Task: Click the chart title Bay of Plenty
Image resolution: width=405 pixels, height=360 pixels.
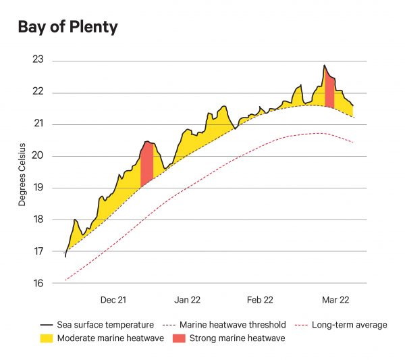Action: tap(67, 28)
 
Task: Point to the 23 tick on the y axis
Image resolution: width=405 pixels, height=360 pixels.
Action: tap(38, 60)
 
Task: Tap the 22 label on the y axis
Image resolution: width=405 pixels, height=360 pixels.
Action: tap(38, 93)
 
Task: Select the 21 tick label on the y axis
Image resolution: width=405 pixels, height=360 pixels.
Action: tap(38, 124)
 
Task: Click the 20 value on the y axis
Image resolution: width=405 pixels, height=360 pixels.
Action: tap(38, 156)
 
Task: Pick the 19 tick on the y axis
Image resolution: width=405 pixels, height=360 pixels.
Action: tap(38, 188)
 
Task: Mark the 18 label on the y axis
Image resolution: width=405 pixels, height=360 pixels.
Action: tap(38, 220)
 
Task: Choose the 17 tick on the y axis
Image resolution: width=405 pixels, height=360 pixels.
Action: tap(38, 251)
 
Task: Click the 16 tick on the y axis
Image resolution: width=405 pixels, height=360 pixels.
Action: tap(38, 283)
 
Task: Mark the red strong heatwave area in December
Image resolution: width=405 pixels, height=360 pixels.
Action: tap(147, 162)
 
